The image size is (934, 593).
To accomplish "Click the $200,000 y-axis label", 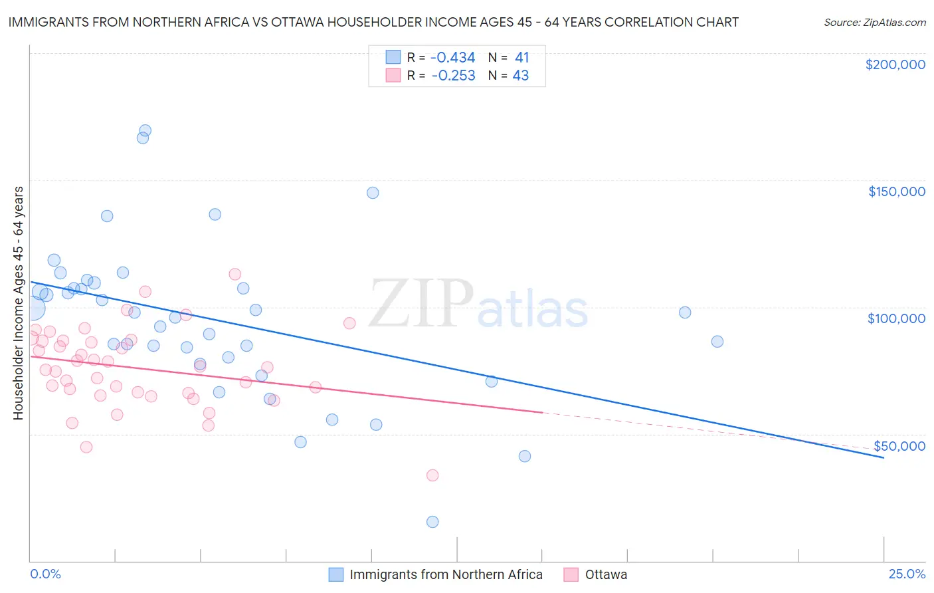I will click(895, 64).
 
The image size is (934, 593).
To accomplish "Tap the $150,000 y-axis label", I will click(896, 191).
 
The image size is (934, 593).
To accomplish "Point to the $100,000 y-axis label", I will click(896, 318).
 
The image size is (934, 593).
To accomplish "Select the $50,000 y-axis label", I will click(899, 446).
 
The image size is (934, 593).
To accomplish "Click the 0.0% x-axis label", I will click(45, 574).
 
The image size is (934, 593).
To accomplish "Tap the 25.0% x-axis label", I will click(907, 574).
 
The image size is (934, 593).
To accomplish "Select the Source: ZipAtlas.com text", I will click(874, 23).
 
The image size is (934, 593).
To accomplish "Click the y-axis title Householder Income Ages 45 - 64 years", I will click(18, 303).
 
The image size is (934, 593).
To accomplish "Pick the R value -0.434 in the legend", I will click(453, 58).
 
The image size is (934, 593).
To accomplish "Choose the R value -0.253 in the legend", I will click(453, 76).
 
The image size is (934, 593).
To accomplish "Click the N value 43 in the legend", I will click(521, 76).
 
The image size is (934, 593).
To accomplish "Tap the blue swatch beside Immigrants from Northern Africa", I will click(336, 575).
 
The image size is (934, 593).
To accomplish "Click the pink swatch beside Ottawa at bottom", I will click(571, 575).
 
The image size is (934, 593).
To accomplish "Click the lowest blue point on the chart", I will click(432, 522).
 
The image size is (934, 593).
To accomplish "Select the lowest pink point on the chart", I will click(432, 475).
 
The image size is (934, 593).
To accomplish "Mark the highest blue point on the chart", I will click(145, 131).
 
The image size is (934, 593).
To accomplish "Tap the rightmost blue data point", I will click(717, 342).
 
